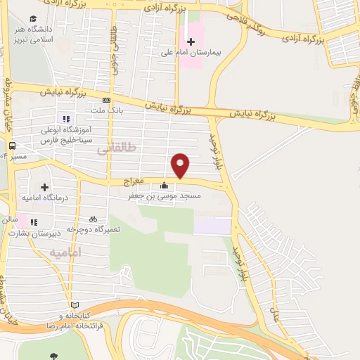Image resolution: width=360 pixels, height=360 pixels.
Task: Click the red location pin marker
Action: (x=181, y=165)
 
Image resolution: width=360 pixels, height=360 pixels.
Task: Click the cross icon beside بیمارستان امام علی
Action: (x=190, y=41)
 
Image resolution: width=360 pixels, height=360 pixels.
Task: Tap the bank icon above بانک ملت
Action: (x=106, y=100)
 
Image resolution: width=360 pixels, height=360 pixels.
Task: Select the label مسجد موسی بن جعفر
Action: (x=171, y=198)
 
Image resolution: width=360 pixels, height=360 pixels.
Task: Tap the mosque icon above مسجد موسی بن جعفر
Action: (x=165, y=186)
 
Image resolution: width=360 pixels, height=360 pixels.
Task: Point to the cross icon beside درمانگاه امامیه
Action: (x=45, y=188)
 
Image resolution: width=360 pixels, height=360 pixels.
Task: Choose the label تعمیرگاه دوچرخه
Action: (x=94, y=230)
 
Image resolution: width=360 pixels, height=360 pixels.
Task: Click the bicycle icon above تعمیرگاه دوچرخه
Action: (x=94, y=219)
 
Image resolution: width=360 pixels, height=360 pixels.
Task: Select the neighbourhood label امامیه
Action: (x=65, y=252)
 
